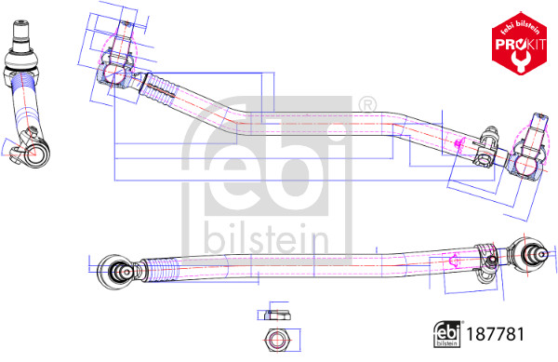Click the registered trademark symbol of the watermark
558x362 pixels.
[x=366, y=103]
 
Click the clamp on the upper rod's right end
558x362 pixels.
[x=485, y=147]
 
